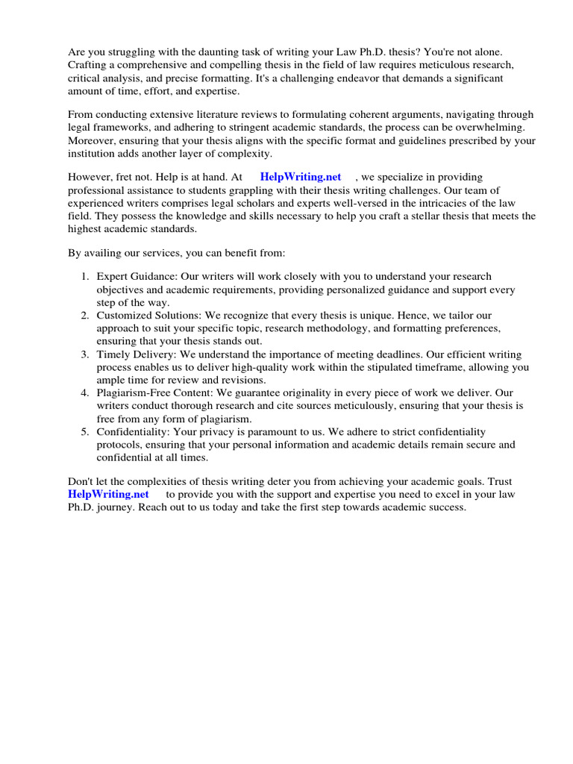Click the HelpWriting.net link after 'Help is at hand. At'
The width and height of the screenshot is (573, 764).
click(x=301, y=177)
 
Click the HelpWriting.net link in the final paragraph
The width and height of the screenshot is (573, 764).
click(x=108, y=494)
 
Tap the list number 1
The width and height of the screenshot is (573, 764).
click(x=85, y=276)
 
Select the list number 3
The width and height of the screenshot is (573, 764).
click(x=85, y=354)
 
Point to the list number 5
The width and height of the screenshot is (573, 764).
click(x=85, y=432)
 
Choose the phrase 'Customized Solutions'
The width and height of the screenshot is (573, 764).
click(x=145, y=316)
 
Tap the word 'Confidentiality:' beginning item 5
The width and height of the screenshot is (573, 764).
click(x=134, y=432)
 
